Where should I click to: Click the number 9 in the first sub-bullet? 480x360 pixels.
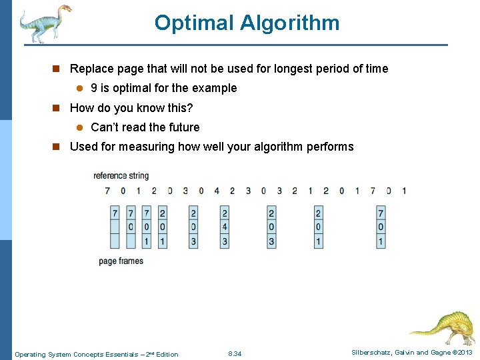coord(95,88)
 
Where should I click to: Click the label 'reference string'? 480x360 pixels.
coord(121,176)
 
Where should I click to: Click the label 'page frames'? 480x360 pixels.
coord(121,261)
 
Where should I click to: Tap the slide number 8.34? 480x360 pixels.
coord(235,353)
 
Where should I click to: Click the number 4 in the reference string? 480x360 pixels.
coord(217,191)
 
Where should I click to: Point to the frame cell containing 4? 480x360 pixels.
coord(225,227)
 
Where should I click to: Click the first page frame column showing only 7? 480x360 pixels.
coord(115,227)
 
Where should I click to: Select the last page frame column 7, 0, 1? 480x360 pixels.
coord(381,227)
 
